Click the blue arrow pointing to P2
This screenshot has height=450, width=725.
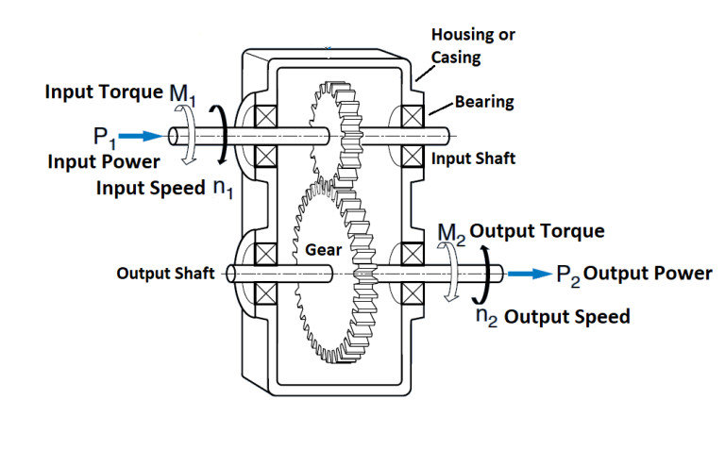click(x=530, y=274)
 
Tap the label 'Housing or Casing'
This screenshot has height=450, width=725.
click(x=473, y=46)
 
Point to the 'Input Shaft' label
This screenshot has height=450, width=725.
click(x=473, y=158)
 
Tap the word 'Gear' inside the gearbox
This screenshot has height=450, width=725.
click(x=323, y=252)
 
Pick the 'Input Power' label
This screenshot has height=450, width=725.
click(x=104, y=161)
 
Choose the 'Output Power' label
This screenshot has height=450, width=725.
click(x=649, y=274)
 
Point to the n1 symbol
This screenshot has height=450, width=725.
click(x=223, y=188)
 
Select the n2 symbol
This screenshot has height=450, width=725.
click(x=486, y=316)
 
